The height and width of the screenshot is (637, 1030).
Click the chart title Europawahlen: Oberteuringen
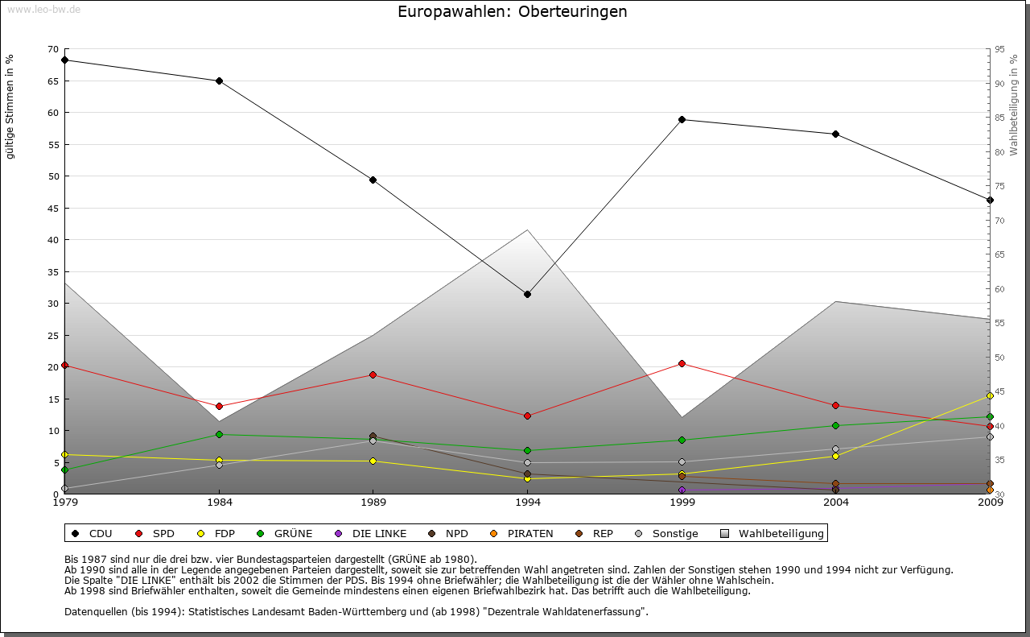pyautogui.click(x=513, y=12)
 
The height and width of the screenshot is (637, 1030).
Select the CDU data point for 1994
pyautogui.click(x=527, y=294)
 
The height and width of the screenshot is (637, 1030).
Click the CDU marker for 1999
pyautogui.click(x=682, y=119)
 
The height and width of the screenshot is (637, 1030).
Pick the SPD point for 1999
pyautogui.click(x=682, y=363)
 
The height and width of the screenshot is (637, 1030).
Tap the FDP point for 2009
pyautogui.click(x=990, y=395)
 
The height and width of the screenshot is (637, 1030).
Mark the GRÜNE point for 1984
pyautogui.click(x=219, y=434)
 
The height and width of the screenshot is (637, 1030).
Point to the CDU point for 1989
pyautogui.click(x=373, y=180)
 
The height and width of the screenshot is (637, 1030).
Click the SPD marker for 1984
pyautogui.click(x=219, y=406)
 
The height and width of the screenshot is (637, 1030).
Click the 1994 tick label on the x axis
pyautogui.click(x=528, y=503)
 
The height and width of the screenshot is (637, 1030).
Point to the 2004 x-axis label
pyautogui.click(x=836, y=503)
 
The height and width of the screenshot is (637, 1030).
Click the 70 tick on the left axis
pyautogui.click(x=53, y=49)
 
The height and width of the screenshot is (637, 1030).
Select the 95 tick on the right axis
pyautogui.click(x=999, y=49)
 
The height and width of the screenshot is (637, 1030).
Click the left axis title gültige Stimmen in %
pyautogui.click(x=10, y=106)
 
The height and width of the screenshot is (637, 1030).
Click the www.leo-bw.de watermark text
pyautogui.click(x=43, y=10)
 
